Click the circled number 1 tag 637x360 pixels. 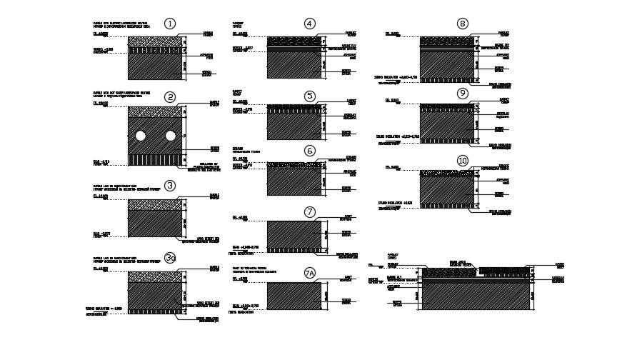coord(169,24)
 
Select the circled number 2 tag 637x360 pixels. coord(169,97)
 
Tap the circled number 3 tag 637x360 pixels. coord(169,186)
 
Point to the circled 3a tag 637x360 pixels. coord(169,258)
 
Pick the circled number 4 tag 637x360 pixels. coord(309,24)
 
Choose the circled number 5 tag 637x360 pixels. coord(309,96)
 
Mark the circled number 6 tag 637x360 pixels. coord(309,151)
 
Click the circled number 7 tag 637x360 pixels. coord(309,212)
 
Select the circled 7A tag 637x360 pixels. coord(309,273)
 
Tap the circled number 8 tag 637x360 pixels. coord(463,24)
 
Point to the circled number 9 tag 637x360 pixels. coord(463,93)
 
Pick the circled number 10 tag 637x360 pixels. coord(463,161)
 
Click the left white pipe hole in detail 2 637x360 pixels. coord(141,136)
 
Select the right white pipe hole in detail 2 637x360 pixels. coord(171,136)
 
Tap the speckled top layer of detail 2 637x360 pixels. coord(154,111)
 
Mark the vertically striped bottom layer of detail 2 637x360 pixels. coord(154,159)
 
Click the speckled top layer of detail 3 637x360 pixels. coord(154,204)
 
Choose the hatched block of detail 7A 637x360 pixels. coord(294,296)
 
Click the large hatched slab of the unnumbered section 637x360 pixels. coord(476,296)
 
